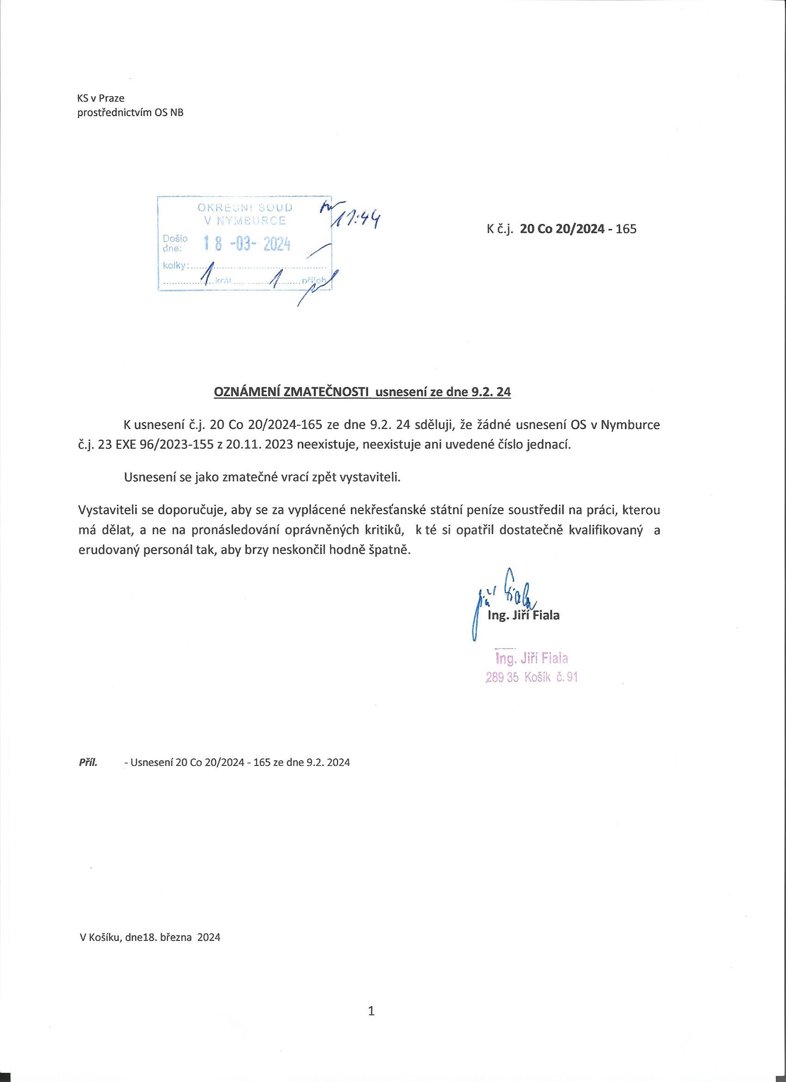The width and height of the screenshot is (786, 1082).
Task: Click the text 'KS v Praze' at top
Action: click(x=101, y=98)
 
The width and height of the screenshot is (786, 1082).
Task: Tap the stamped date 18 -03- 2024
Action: click(x=247, y=244)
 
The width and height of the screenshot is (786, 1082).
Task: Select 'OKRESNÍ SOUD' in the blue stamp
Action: click(x=245, y=207)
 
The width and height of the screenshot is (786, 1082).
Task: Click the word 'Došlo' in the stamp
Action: click(x=175, y=238)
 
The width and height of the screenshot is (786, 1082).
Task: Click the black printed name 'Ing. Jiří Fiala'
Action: click(x=523, y=615)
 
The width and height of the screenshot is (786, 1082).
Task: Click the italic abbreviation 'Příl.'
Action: click(x=88, y=762)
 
